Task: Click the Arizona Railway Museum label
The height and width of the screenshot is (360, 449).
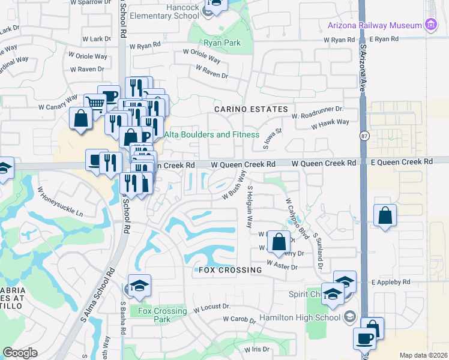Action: pyautogui.click(x=374, y=25)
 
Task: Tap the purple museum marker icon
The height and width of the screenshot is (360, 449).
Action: pyautogui.click(x=430, y=25)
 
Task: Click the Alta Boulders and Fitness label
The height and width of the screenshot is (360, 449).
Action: pyautogui.click(x=212, y=135)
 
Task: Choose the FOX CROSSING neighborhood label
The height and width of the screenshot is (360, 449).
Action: pyautogui.click(x=228, y=270)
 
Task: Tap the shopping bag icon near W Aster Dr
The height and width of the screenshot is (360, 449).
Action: pyautogui.click(x=279, y=242)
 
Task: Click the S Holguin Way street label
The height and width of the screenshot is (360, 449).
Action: pyautogui.click(x=249, y=206)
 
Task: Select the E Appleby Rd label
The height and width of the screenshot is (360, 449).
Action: pyautogui.click(x=390, y=282)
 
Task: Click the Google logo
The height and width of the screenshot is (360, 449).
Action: pyautogui.click(x=20, y=353)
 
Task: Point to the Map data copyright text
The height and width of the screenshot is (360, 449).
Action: pyautogui.click(x=423, y=355)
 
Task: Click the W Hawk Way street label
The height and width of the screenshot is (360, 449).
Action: pyautogui.click(x=330, y=122)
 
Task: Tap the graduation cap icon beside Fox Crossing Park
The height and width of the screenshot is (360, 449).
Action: pyautogui.click(x=139, y=286)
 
